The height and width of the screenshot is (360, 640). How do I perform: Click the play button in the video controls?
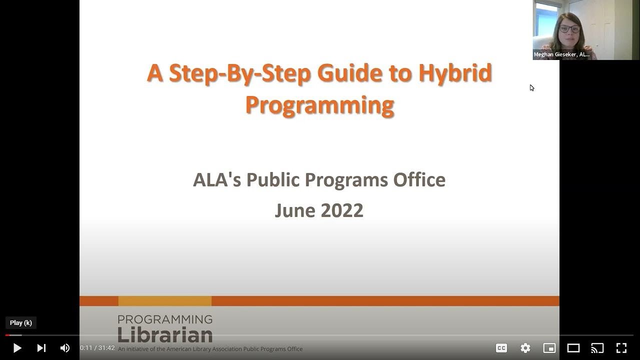point(17,348)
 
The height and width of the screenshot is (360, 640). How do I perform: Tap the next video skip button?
point(41,348)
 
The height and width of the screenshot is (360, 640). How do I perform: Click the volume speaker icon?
point(65,348)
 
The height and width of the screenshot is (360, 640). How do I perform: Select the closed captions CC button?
point(501,348)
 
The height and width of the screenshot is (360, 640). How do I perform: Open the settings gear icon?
point(525,348)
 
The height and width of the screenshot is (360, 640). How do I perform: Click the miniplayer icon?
point(549,348)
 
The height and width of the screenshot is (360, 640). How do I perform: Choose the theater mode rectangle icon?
point(573,348)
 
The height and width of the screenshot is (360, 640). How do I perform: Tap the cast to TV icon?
point(597,348)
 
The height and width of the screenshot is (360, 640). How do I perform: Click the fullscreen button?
point(621,348)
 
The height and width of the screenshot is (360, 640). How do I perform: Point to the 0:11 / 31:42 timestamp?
point(97,348)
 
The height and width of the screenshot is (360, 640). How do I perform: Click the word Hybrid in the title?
point(455,73)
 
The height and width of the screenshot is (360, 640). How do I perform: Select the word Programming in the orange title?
point(319,105)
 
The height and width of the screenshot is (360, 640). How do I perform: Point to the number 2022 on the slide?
point(341,210)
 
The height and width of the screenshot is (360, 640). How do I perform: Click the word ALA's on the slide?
point(217,180)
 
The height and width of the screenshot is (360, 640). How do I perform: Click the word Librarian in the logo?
point(165,333)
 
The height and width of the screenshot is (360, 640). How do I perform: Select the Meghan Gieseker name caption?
point(561,54)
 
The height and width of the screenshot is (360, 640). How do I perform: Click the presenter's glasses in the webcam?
point(570,29)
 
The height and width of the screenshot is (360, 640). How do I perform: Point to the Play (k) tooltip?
point(21,323)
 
